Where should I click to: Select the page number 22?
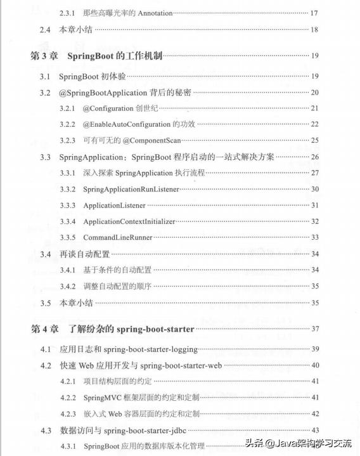click(x=314, y=124)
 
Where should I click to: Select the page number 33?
click(x=314, y=237)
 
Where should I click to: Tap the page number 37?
click(x=314, y=329)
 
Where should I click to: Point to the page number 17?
click(x=314, y=13)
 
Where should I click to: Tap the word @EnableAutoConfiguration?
click(x=127, y=124)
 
